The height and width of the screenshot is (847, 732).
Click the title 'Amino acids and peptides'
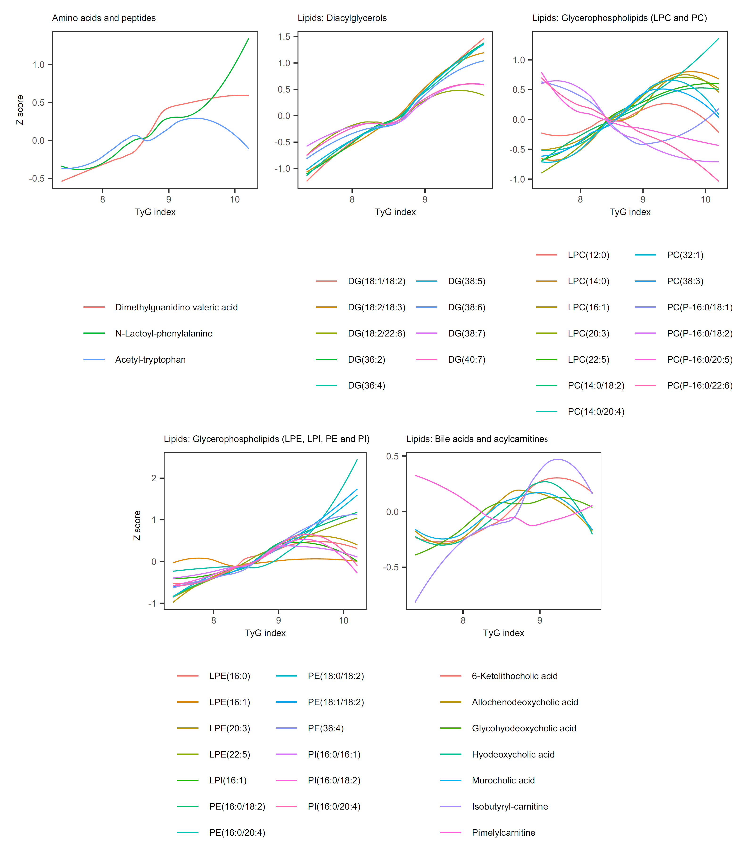tap(104, 18)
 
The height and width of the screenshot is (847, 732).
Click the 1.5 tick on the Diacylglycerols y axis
tap(284, 37)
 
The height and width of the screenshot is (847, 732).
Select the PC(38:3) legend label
tap(685, 281)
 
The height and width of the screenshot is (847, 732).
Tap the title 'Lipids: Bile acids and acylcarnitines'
tap(477, 439)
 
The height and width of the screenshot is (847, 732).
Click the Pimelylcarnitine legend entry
tap(503, 833)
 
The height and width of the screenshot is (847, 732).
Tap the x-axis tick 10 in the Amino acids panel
tap(235, 199)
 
